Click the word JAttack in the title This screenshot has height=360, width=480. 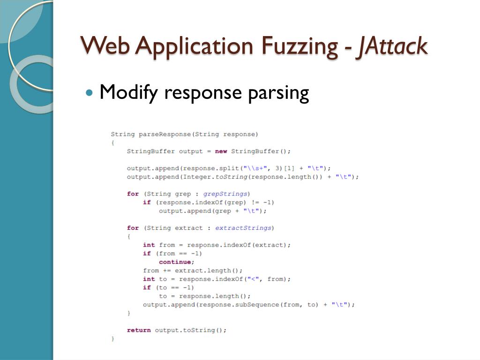[391, 46]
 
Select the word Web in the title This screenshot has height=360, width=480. [105, 46]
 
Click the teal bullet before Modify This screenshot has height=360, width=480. [90, 92]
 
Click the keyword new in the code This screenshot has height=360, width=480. [221, 151]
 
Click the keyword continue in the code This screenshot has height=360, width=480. [175, 262]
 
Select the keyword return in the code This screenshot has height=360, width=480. [139, 330]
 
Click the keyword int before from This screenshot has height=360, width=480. [149, 245]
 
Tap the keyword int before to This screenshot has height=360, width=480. [149, 279]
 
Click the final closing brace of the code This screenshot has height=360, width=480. [112, 338]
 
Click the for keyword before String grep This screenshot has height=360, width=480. [133, 194]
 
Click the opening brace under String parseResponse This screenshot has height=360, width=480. [112, 142]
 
